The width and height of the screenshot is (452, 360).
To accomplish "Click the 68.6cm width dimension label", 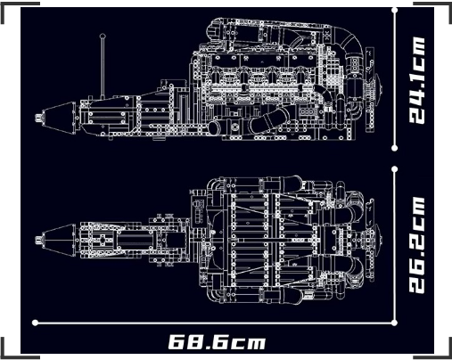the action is pos(217,342).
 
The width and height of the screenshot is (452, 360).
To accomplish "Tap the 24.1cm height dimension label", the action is pos(416,80).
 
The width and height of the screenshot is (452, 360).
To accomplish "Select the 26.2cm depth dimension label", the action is pos(416,245).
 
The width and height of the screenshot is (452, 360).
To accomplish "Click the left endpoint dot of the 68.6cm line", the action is pos(35,323).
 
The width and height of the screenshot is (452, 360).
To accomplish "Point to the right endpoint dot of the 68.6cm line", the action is pos(395,323).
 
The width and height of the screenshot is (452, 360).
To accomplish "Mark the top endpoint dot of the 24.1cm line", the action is pos(395,10).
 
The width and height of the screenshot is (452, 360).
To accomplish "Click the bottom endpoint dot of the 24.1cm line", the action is pos(395,148).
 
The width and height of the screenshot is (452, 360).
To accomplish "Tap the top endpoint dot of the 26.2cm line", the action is pos(395,169).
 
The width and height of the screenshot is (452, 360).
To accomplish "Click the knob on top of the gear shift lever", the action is pos(103,36).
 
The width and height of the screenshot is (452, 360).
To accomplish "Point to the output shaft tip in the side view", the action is pos(38,118).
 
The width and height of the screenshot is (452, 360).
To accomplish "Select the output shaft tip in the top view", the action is pos(38,240).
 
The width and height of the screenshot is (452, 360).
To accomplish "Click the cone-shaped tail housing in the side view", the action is pos(59,118).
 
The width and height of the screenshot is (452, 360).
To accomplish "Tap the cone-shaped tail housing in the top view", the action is pos(59,240).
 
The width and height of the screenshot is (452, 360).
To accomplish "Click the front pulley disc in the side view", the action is pos(378,88).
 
